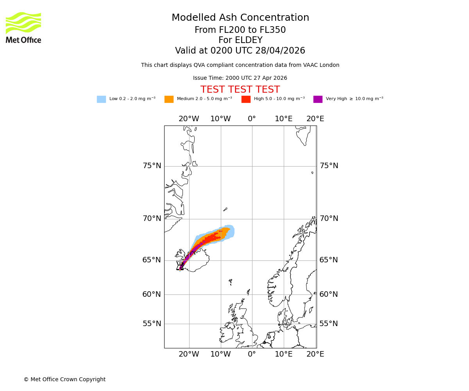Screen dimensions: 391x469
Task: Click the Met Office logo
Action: tap(23, 27)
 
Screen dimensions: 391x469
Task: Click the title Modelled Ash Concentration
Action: tap(240, 18)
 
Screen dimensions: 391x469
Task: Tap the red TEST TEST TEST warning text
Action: tap(240, 90)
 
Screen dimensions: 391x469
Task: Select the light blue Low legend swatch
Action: tap(101, 99)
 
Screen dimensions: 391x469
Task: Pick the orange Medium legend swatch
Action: tap(169, 99)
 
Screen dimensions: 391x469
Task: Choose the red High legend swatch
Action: tap(246, 99)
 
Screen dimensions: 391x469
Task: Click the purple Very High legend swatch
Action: tap(318, 99)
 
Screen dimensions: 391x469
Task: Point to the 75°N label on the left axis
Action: tap(152, 166)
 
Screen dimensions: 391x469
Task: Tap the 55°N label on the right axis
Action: tap(329, 324)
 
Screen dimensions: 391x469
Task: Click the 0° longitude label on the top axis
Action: tap(252, 119)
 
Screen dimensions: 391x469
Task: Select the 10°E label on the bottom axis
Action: tap(283, 354)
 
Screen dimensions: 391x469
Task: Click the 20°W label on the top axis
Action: tap(189, 119)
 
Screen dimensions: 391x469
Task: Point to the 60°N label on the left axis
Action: tap(152, 294)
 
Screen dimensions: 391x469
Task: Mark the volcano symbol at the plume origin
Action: tap(180, 266)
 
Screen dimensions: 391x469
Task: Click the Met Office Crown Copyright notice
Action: tap(64, 380)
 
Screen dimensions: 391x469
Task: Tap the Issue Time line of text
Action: tap(240, 78)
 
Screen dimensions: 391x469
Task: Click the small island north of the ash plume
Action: tap(225, 210)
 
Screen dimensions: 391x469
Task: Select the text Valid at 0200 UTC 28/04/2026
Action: tap(240, 51)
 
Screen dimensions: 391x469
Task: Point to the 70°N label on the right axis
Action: tap(329, 219)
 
